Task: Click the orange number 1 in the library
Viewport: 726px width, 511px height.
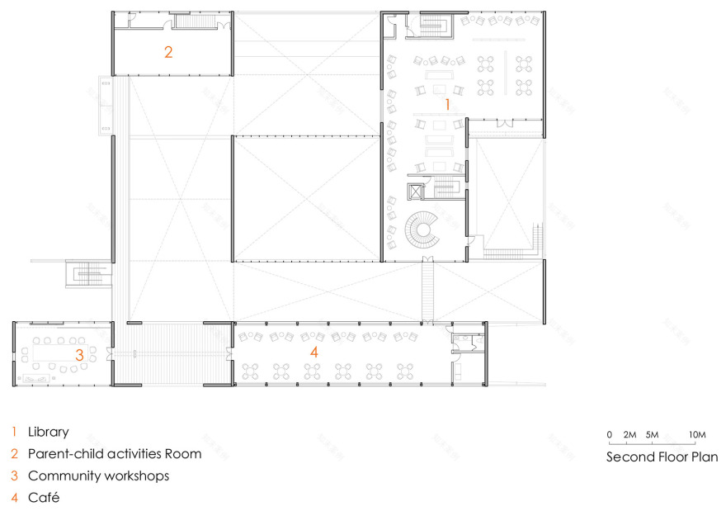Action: (447, 104)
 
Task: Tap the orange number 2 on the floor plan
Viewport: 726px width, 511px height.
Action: (168, 52)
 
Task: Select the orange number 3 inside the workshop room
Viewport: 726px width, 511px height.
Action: (80, 355)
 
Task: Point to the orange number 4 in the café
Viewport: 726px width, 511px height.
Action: (314, 352)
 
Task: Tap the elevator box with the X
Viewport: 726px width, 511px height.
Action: (416, 192)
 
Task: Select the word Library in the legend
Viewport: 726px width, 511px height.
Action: (48, 433)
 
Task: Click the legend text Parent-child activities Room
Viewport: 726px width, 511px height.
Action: (115, 453)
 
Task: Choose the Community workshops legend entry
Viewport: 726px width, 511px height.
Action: (99, 476)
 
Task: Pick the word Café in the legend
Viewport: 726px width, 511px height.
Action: (44, 498)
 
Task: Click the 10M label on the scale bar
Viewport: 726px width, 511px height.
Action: (697, 434)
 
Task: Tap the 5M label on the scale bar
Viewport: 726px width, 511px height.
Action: (652, 434)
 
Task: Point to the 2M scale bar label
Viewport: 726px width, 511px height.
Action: (629, 434)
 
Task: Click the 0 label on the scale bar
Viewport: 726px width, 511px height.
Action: (610, 434)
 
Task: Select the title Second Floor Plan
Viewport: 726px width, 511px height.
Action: (662, 457)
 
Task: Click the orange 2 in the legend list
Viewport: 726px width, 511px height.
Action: (14, 453)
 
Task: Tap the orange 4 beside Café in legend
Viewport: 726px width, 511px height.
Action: (14, 498)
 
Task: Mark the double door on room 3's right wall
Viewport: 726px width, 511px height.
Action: (109, 354)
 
